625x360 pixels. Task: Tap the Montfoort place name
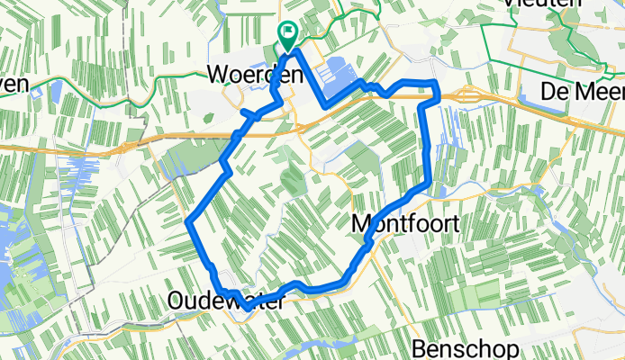click(x=403, y=223)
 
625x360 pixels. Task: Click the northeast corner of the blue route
click(x=437, y=83)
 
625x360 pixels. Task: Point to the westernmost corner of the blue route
click(x=188, y=220)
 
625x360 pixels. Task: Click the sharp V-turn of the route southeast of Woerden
click(x=324, y=106)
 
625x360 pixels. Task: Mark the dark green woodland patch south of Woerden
click(x=290, y=178)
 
